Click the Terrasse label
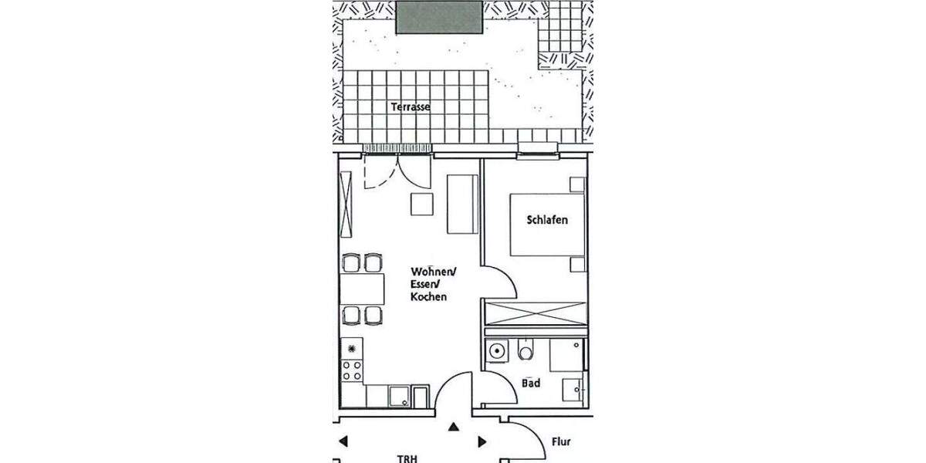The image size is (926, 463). coord(410,107)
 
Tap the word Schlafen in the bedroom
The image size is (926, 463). coord(547,220)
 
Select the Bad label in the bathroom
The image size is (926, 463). coord(531,383)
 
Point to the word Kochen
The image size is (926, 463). coord(428,297)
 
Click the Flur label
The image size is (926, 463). coord(561,442)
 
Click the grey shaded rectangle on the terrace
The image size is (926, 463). coord(440,16)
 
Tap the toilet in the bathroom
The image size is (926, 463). coord(526,352)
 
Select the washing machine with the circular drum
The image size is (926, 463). coord(498,352)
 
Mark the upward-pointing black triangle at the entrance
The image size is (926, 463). coord(454,426)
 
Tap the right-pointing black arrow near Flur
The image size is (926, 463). coord(482,441)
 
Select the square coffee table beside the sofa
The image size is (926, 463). coord(422,204)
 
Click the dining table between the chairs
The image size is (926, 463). coord(363,289)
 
